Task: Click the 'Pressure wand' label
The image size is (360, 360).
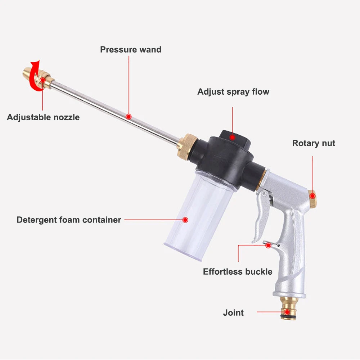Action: pyautogui.click(x=131, y=49)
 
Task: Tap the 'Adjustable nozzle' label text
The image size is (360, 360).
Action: pyautogui.click(x=43, y=117)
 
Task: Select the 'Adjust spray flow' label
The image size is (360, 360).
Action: pyautogui.click(x=233, y=92)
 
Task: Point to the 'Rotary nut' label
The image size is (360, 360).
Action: pyautogui.click(x=314, y=143)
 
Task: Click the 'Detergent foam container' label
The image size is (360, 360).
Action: pyautogui.click(x=69, y=220)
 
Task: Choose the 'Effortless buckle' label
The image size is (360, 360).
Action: pyautogui.click(x=238, y=271)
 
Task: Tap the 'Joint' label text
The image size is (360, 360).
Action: pyautogui.click(x=233, y=312)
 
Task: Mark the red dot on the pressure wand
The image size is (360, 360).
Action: pyautogui.click(x=129, y=117)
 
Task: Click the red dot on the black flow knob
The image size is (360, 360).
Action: pyautogui.click(x=233, y=137)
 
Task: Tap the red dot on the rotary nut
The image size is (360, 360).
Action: pyautogui.click(x=312, y=196)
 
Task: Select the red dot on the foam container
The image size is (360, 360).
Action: pyautogui.click(x=185, y=220)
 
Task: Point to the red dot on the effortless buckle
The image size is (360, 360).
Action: pyautogui.click(x=268, y=245)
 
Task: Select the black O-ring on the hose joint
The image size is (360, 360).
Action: pyautogui.click(x=288, y=317)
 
